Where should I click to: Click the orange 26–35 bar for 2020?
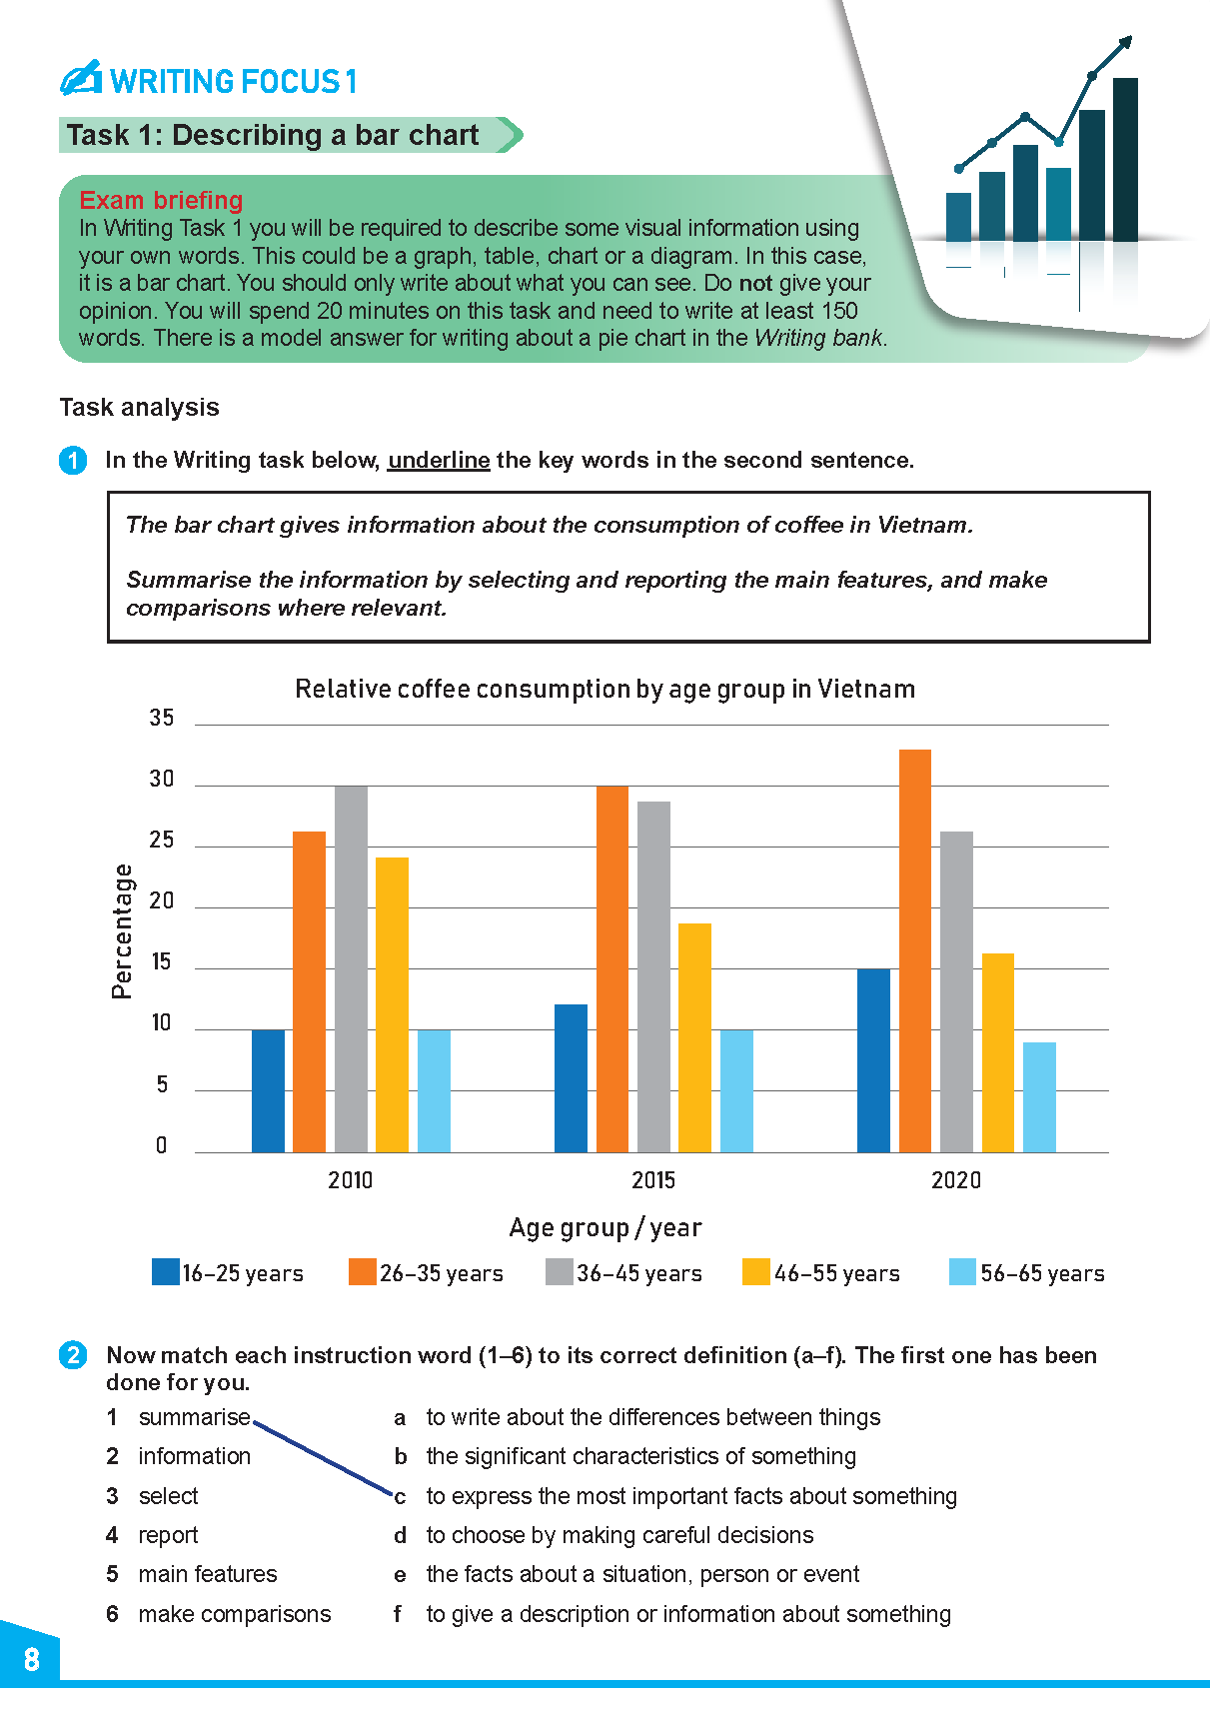click(914, 949)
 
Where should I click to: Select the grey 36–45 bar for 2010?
click(351, 968)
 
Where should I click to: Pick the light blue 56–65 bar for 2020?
click(1039, 1096)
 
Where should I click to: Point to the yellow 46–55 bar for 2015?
click(694, 1036)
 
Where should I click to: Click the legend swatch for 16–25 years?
click(165, 1271)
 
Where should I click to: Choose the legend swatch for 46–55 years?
click(756, 1271)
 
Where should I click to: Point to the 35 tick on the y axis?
click(162, 718)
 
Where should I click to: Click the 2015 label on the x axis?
click(653, 1180)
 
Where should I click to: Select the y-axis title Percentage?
click(122, 931)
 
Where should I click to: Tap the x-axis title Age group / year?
click(605, 1227)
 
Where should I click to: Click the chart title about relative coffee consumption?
click(605, 689)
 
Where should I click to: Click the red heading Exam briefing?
click(161, 200)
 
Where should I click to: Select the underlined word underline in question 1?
click(439, 460)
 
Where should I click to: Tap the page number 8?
click(32, 1660)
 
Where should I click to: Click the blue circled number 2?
click(73, 1355)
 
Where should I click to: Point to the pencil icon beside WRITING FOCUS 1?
click(81, 78)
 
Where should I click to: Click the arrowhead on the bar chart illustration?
click(1125, 42)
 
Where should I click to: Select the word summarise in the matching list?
click(194, 1417)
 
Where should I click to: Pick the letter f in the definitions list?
click(398, 1614)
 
